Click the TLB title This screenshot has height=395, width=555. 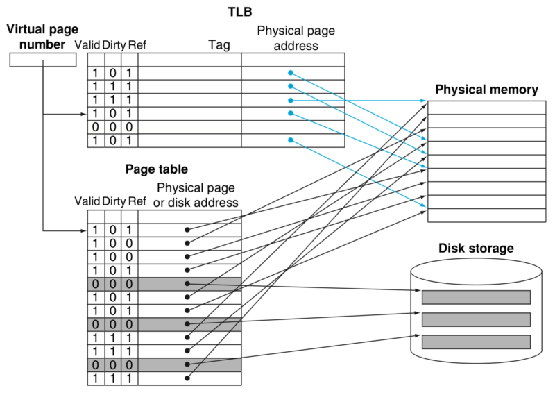pos(240,12)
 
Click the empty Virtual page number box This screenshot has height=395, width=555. pos(42,60)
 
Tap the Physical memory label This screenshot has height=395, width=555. pos(486,90)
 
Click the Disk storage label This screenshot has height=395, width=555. pos(476,248)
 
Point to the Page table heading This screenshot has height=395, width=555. pos(156,169)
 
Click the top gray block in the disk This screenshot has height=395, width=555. pos(476,297)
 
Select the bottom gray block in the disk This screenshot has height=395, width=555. pos(476,342)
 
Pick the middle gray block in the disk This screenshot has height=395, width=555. pos(476,320)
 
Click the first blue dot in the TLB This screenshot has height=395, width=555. pos(291,73)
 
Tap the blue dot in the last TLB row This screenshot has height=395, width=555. pos(291,140)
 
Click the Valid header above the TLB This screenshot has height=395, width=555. pos(87,45)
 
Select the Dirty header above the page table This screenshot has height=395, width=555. pos(114,202)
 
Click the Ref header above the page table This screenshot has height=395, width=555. pos(137,202)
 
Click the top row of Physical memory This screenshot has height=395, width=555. pos(486,108)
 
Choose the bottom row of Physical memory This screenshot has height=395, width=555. pos(486,215)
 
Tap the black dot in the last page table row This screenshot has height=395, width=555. pos(187,378)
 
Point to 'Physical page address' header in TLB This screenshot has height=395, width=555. pos(287,39)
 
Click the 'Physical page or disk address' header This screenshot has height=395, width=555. pos(197,195)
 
